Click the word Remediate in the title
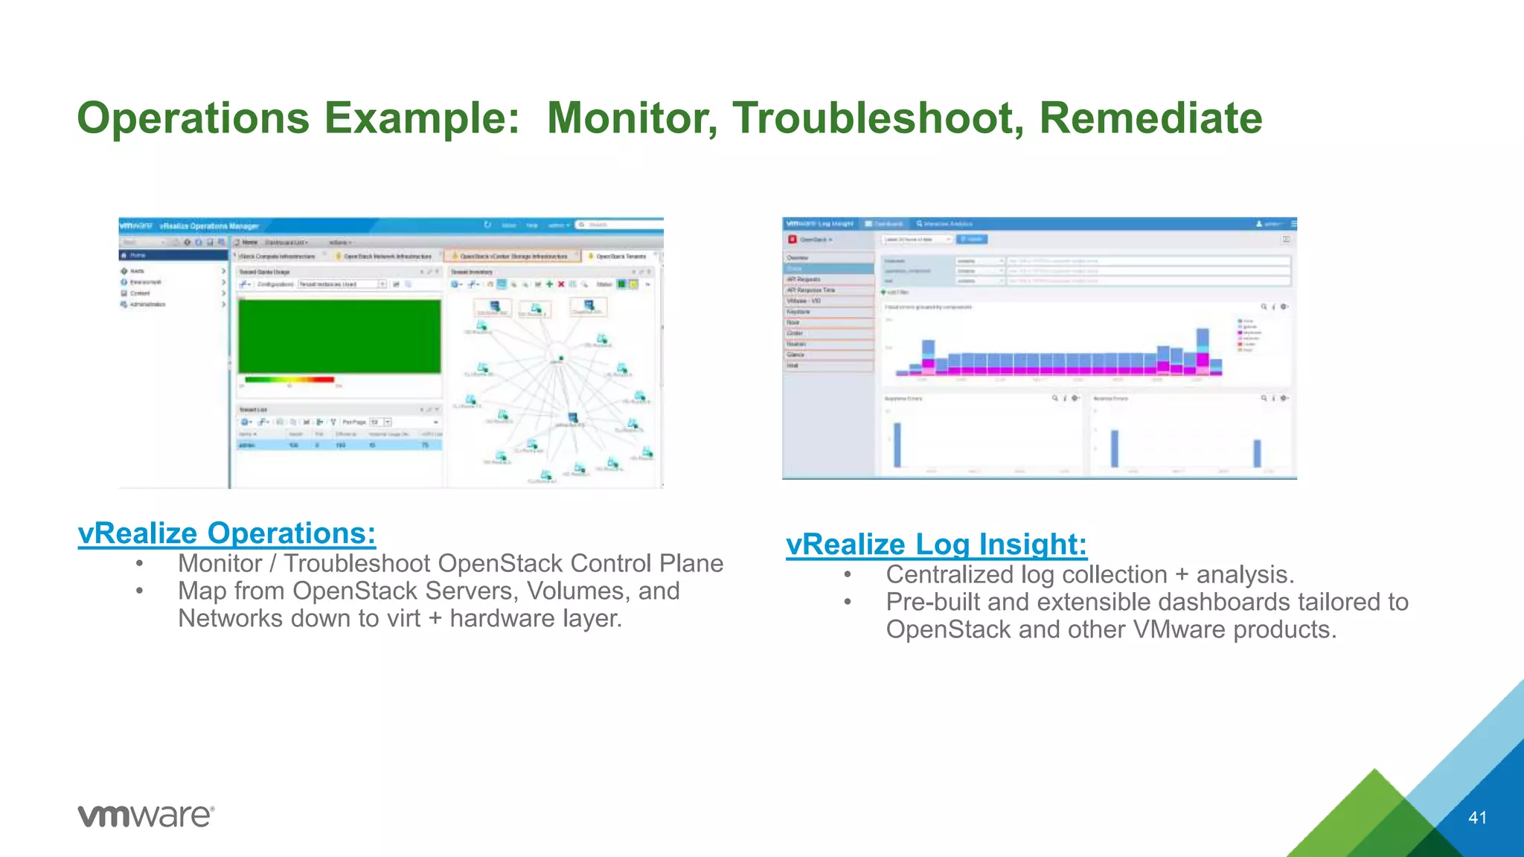tap(1150, 118)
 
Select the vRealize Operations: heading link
tap(227, 533)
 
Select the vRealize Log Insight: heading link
tap(936, 545)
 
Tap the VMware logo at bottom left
tap(146, 815)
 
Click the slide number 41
tap(1477, 818)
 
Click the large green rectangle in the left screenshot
tap(339, 336)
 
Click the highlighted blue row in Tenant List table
tap(339, 445)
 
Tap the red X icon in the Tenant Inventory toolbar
tap(561, 284)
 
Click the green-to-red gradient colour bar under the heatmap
tap(289, 379)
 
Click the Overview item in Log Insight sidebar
tap(798, 257)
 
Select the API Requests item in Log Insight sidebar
tap(804, 279)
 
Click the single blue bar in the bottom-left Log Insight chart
tap(897, 444)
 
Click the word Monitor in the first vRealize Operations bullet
tap(220, 564)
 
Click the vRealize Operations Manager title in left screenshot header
tap(210, 225)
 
